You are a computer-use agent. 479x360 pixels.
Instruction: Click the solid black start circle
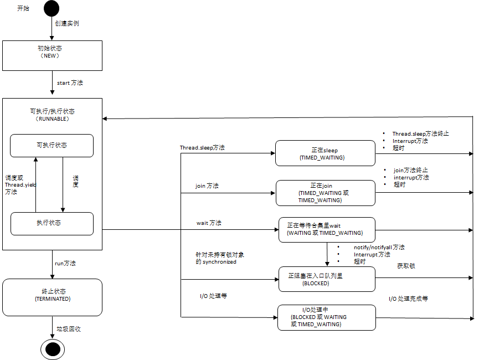click(51, 9)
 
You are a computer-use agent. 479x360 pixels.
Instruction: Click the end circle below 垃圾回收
click(53, 349)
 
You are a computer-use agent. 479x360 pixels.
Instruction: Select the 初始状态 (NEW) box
click(53, 55)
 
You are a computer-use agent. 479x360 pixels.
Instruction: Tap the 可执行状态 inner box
click(51, 145)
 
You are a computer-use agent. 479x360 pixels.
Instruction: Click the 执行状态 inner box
click(52, 223)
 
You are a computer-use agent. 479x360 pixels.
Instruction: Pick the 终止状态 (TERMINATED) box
click(53, 294)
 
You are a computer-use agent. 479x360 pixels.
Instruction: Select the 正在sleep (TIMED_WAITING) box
click(325, 153)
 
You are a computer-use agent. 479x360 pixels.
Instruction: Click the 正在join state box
click(325, 193)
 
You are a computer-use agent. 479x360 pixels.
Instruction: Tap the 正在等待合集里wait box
click(327, 229)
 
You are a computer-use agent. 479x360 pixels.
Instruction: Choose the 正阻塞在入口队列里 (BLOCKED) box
click(326, 279)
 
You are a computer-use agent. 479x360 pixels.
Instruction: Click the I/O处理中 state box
click(326, 317)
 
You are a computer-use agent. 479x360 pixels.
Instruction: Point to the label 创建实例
click(66, 24)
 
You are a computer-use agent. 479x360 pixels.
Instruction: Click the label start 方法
click(70, 83)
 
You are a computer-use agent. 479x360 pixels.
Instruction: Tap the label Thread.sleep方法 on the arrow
click(202, 148)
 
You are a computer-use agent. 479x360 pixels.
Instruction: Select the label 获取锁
click(406, 266)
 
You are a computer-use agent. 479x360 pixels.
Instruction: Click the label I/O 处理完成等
click(408, 299)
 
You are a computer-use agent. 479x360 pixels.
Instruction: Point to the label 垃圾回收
click(69, 329)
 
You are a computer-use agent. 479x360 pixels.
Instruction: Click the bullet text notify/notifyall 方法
click(379, 247)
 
